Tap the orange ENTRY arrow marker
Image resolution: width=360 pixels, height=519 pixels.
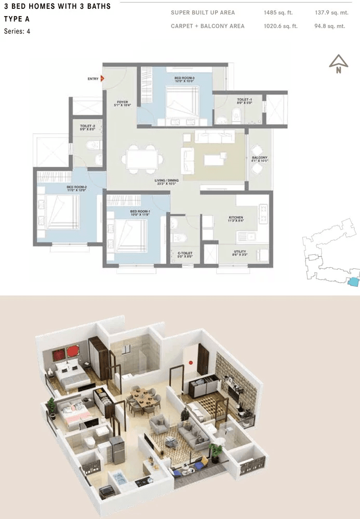pyautogui.click(x=102, y=79)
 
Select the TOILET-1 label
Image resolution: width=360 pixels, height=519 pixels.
pyautogui.click(x=230, y=100)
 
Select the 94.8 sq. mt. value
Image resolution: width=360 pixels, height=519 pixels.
pyautogui.click(x=330, y=26)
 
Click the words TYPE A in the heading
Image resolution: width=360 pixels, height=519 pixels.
pyautogui.click(x=17, y=19)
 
